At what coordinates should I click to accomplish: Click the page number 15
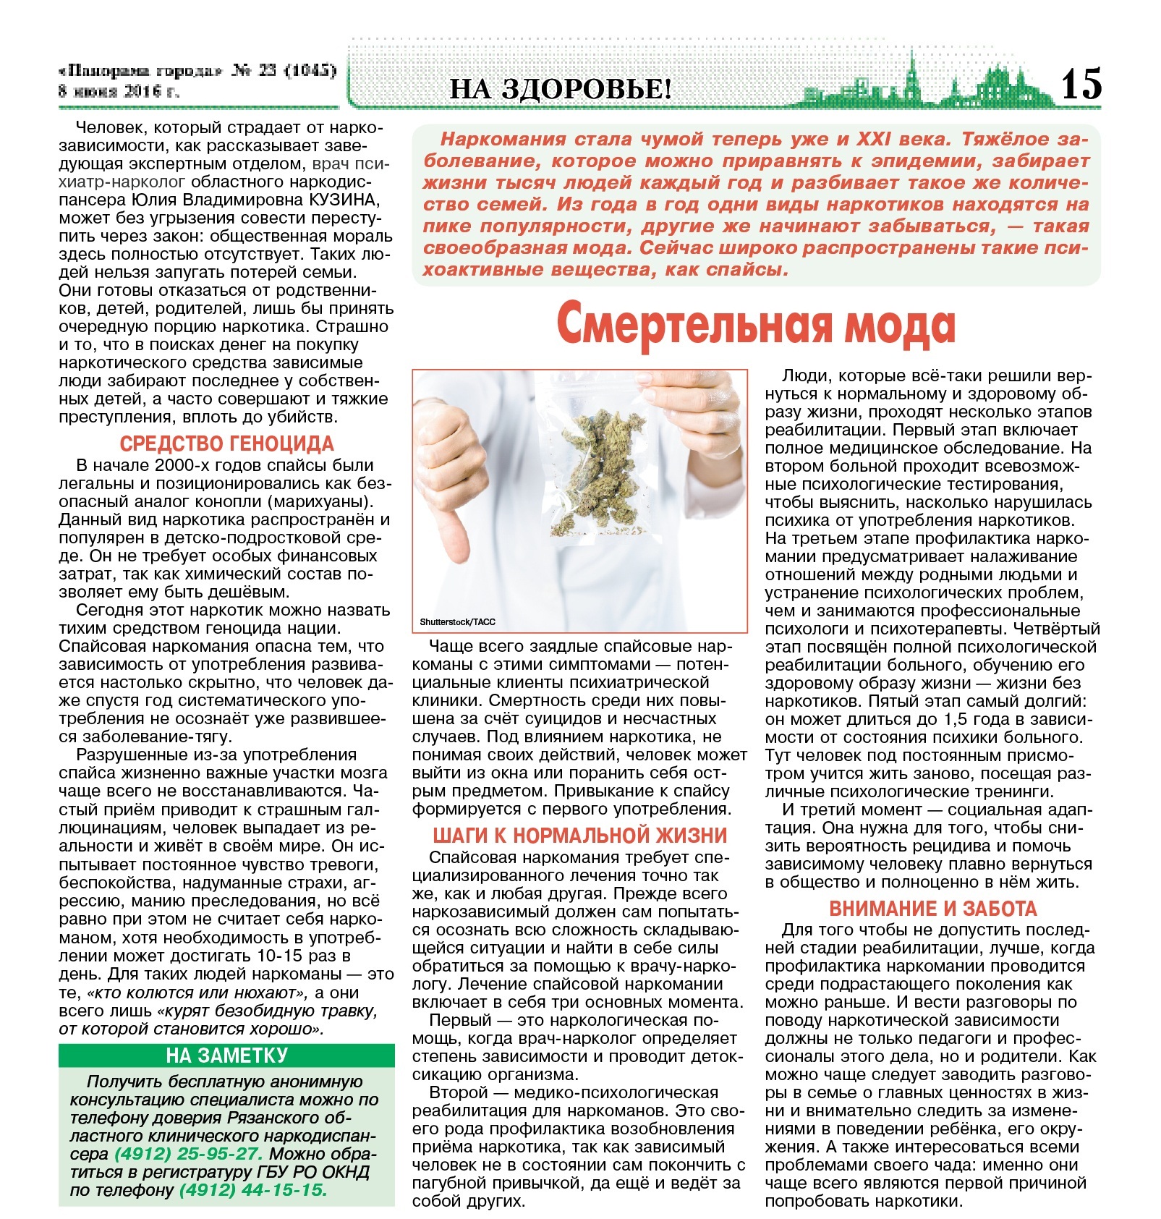point(1081,83)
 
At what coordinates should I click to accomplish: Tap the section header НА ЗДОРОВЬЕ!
point(561,89)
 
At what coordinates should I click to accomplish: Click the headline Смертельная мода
point(756,326)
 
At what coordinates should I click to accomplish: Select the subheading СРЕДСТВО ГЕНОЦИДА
point(226,443)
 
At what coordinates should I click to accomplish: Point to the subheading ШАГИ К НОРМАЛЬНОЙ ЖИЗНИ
point(579,836)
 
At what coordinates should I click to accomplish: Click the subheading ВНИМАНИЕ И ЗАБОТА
point(932,908)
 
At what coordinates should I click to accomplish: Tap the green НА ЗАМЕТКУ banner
point(226,1056)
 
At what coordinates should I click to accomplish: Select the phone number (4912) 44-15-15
point(253,1190)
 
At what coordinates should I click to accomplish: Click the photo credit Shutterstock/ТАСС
point(457,621)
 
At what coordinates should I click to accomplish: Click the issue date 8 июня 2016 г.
point(119,92)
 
